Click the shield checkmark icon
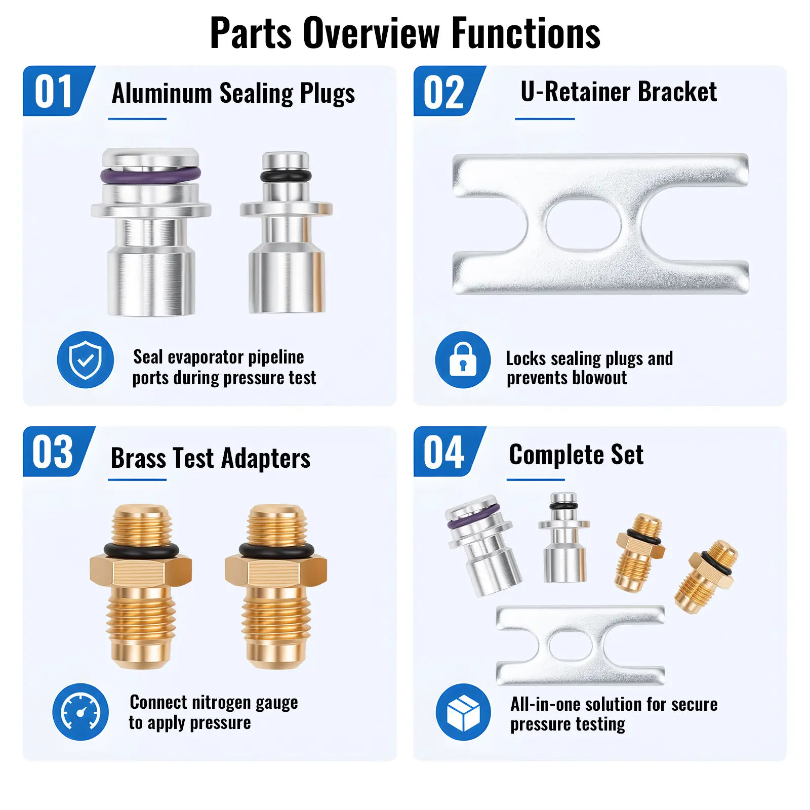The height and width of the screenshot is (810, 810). click(86, 360)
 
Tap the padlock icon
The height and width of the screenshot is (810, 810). click(463, 360)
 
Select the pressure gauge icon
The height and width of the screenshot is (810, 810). click(80, 712)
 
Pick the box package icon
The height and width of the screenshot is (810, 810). click(463, 712)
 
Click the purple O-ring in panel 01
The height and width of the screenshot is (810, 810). click(150, 175)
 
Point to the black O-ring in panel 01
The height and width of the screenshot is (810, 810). click(286, 176)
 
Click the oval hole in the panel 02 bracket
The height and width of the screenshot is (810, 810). click(583, 224)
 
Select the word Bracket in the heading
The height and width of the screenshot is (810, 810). click(677, 92)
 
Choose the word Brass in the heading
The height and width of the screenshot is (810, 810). click(138, 458)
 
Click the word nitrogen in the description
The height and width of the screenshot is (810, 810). click(222, 702)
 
